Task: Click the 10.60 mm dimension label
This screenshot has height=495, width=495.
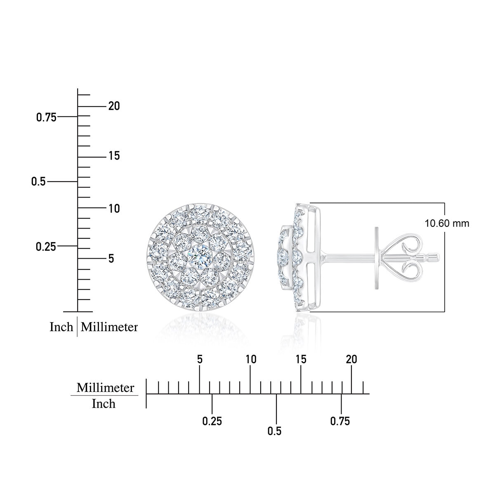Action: tap(447, 223)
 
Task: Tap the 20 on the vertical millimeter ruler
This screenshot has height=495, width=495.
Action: tap(114, 106)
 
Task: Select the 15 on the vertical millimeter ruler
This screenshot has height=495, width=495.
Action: tap(114, 156)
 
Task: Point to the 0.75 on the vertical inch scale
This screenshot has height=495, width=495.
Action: tap(46, 118)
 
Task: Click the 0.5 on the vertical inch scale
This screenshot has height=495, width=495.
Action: tap(38, 181)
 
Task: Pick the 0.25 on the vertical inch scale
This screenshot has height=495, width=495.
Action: tap(46, 247)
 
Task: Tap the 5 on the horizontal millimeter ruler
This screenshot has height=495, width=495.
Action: tap(200, 359)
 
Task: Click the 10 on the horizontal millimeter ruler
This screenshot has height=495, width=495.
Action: tap(251, 359)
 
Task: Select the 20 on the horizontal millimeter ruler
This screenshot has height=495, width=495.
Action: tap(351, 359)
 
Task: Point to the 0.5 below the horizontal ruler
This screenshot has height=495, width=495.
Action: tap(275, 431)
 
